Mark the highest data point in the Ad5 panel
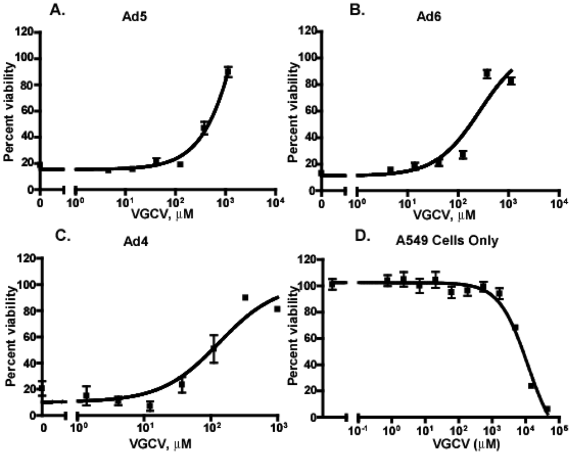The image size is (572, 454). coord(228,71)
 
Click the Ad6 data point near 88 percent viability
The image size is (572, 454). coord(487,74)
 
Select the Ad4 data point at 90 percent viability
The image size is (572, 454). coord(245,298)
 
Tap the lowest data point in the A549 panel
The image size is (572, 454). coord(547,409)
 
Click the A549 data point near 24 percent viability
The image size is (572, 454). coord(531,386)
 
